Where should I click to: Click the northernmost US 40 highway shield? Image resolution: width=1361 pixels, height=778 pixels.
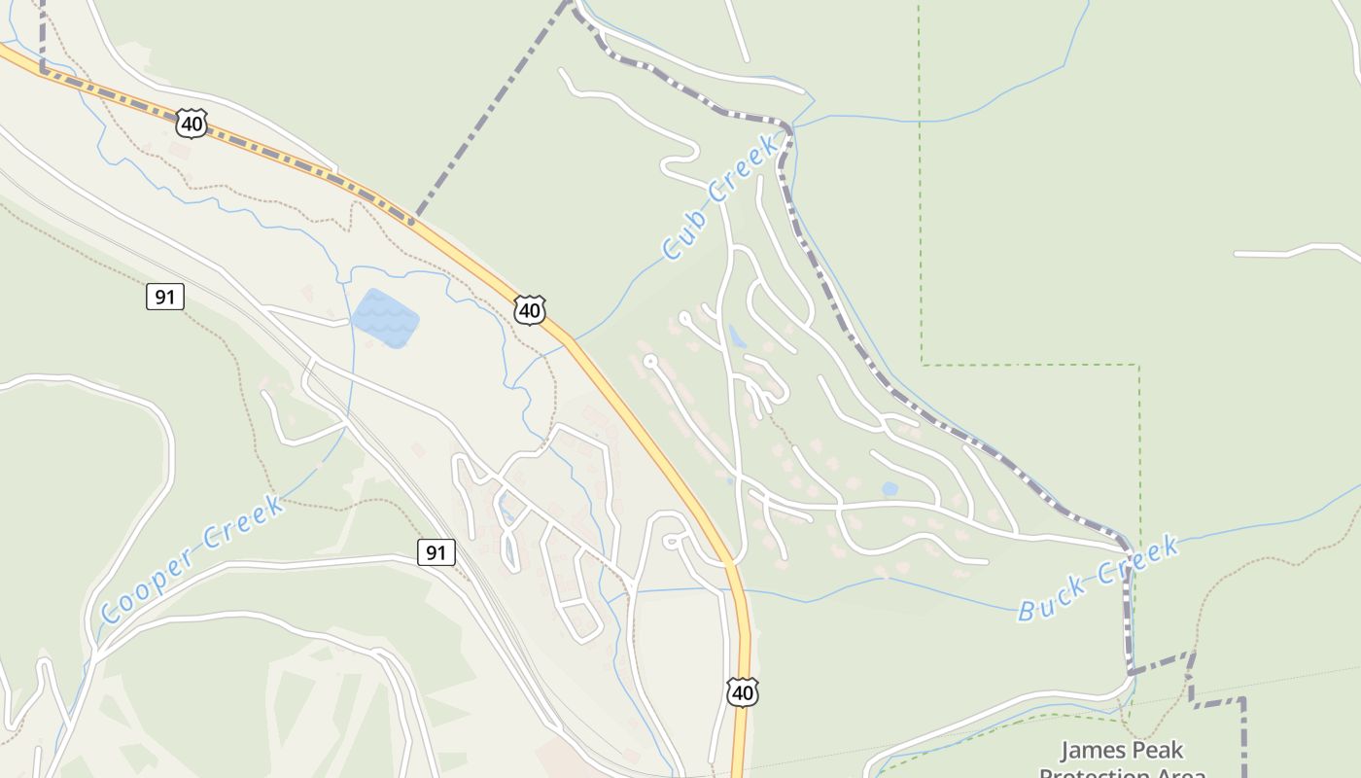[x=192, y=124]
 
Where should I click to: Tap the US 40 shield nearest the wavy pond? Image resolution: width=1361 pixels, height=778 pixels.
[x=530, y=310]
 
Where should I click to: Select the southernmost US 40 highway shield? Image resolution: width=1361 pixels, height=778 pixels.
[x=742, y=692]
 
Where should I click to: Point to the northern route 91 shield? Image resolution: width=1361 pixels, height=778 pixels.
[x=165, y=297]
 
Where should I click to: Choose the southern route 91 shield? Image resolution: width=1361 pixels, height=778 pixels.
[x=436, y=552]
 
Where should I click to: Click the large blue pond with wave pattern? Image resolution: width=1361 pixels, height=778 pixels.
[x=385, y=317]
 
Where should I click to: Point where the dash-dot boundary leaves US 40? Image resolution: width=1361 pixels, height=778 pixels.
[x=412, y=220]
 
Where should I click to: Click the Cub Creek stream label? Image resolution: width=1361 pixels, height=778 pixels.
[x=720, y=198]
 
